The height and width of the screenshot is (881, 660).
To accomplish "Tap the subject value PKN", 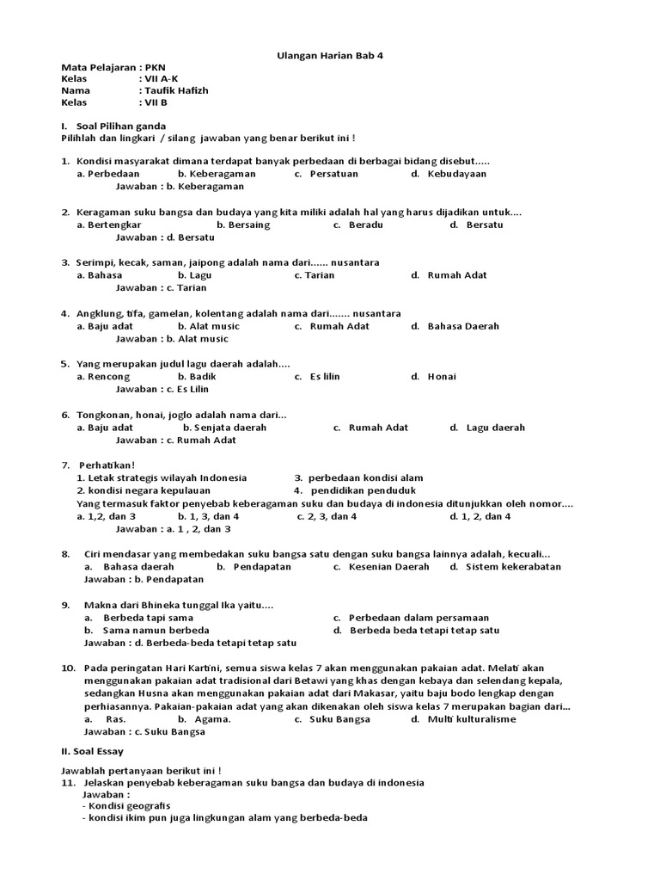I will pos(155,67).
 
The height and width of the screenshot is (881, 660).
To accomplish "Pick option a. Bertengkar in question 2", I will pos(109,225).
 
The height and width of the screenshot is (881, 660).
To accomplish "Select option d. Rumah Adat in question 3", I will pos(449,275).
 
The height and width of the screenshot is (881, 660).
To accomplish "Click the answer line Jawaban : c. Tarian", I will pos(162,287).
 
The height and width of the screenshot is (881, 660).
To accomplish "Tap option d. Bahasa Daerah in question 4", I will pos(455,326).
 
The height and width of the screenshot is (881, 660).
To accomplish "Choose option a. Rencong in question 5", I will pos(103,376).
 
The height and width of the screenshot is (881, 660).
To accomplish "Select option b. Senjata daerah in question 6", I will pos(225,427).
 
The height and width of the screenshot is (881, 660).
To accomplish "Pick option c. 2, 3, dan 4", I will pos(327,516).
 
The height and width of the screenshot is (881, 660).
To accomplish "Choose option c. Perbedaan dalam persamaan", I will pos(412,618).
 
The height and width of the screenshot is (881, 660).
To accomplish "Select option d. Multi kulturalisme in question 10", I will pos(463,719).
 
